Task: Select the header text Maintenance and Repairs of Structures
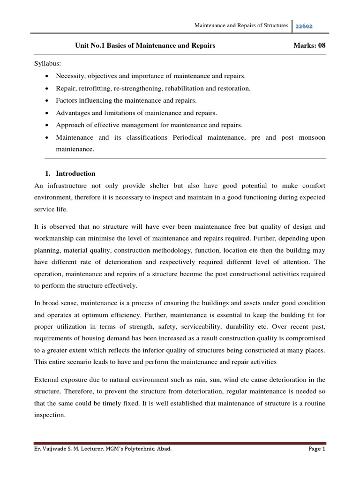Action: point(241,25)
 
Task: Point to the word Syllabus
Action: point(47,63)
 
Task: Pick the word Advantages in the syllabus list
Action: point(73,112)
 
